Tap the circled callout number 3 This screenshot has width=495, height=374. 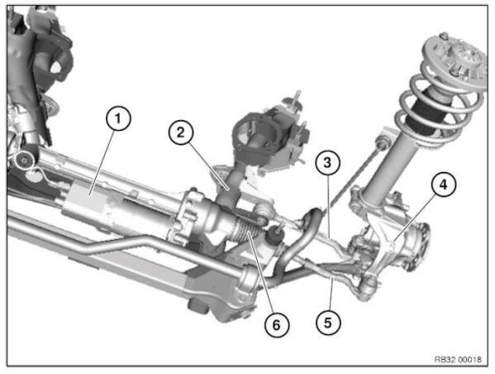click(x=328, y=164)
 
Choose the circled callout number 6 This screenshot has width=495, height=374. click(x=276, y=324)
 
